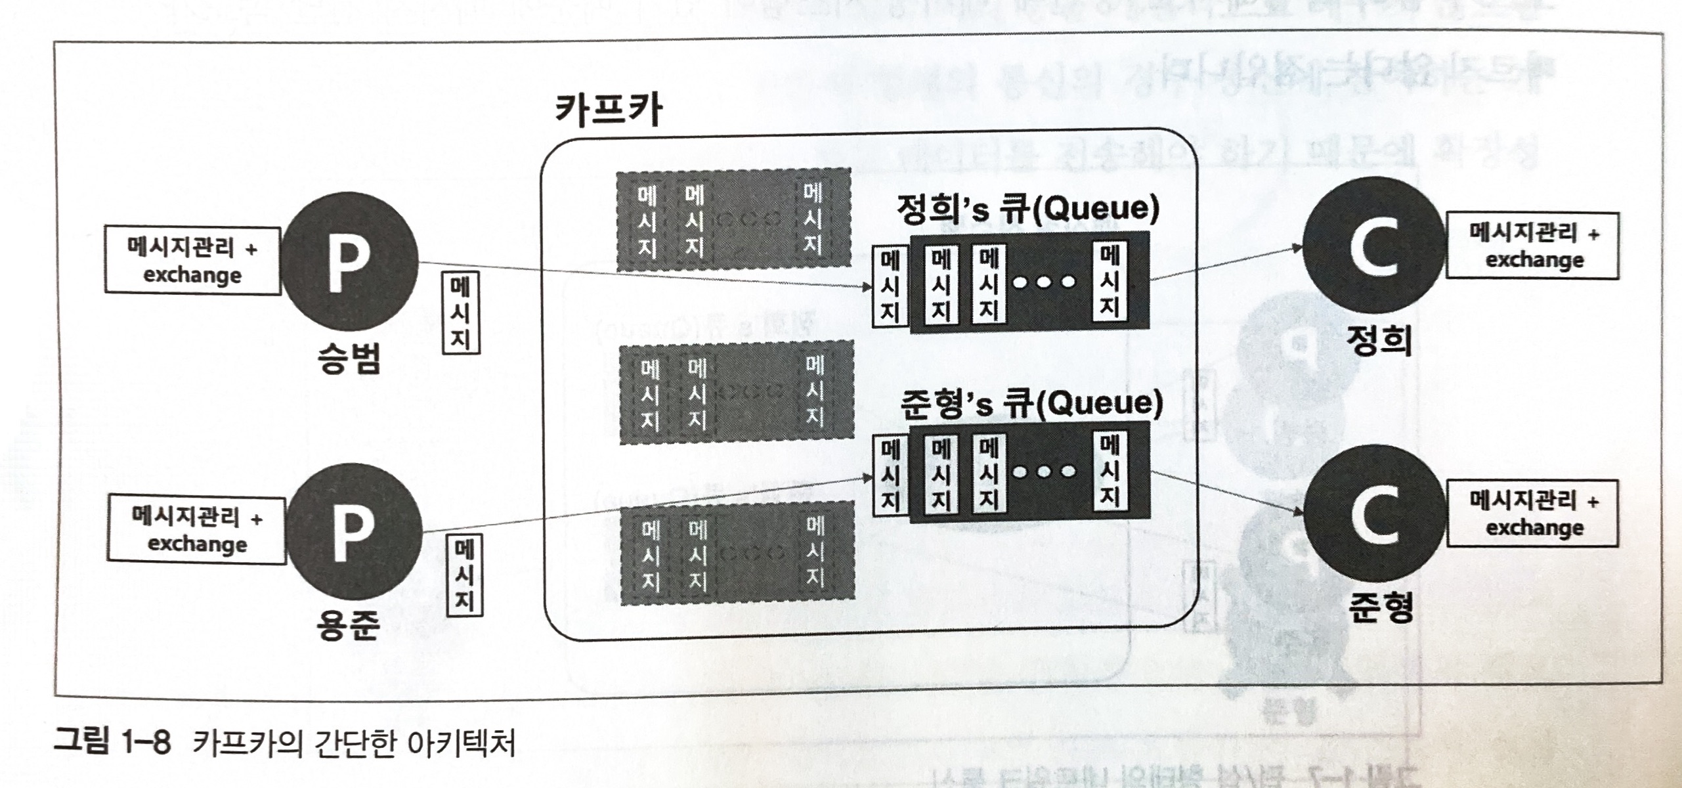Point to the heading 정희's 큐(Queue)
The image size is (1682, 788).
click(1028, 209)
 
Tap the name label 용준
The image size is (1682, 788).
click(348, 626)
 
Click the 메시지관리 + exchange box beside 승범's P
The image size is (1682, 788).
click(192, 261)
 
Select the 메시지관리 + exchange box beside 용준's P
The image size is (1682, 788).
click(198, 530)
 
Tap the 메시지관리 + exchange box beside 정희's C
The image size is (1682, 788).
click(1534, 246)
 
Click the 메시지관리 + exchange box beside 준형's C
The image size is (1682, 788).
click(1534, 514)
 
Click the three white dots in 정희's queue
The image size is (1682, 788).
click(1045, 282)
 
